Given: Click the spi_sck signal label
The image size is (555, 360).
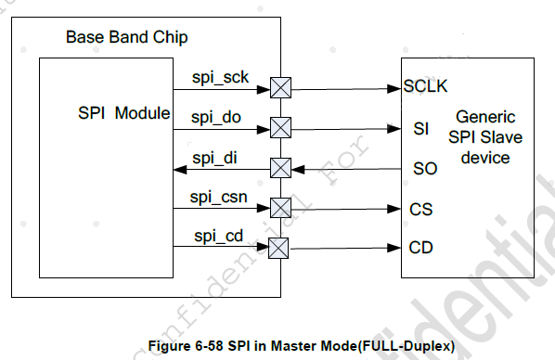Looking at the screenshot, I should coord(219,77).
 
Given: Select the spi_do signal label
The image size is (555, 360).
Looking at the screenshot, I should coord(217,117).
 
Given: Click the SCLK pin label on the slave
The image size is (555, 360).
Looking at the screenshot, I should coord(426,89).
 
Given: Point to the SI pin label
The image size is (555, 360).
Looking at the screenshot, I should coord(419,129).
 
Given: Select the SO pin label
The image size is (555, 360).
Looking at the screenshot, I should coord(421,169).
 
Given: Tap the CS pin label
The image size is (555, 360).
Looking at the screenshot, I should coord(420,209).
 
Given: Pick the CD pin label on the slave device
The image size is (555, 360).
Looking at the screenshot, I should coord(420,248).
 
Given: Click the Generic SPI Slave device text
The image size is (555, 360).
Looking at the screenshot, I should coord(485,137).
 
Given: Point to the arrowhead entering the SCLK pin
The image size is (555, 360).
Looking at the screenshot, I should coord(394,89).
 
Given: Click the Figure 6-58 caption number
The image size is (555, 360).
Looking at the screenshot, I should coord(190,345).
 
